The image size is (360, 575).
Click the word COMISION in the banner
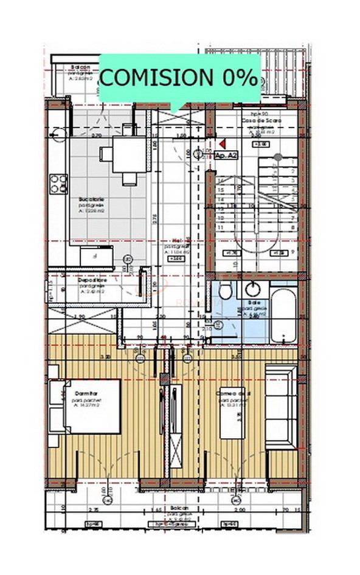coord(154,78)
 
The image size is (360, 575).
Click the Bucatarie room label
coord(91,199)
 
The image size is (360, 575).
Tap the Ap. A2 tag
coord(227,156)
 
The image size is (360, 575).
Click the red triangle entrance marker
coord(223,144)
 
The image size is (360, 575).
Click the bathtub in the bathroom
coord(283,315)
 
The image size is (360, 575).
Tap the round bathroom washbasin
coord(250,289)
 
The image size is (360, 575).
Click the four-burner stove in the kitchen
coord(58,182)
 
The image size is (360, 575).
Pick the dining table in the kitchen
coord(130,153)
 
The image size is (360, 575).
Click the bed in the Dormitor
coord(85,406)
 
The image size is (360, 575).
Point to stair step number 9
coord(293,250)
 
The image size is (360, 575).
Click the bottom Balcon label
coord(179,508)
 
